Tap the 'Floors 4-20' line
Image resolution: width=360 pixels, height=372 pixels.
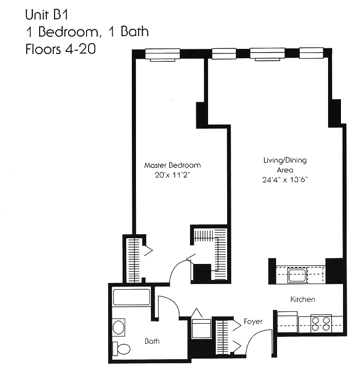60,50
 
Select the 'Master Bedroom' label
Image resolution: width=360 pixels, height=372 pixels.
172,165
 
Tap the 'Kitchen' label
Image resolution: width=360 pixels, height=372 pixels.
302,299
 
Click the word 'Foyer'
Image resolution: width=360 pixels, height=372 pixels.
253,322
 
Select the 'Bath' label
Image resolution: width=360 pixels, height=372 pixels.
152,341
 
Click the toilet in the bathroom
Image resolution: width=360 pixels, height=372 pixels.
122,348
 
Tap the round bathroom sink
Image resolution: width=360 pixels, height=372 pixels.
118,327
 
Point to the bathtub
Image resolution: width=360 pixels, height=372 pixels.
131,298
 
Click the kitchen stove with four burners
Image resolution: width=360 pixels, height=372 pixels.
322,323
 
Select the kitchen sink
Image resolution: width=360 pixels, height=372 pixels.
298,275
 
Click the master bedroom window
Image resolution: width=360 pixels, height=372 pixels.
162,54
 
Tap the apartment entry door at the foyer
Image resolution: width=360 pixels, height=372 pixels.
260,342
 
